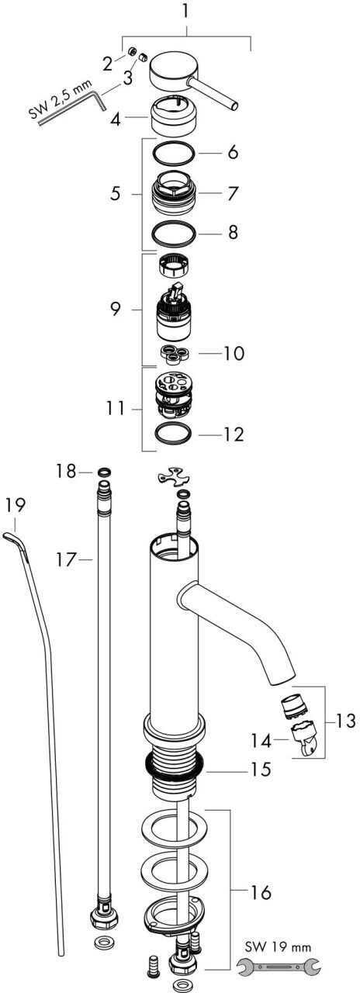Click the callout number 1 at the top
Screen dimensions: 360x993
[186, 11]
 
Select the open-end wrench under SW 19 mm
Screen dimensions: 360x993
[279, 966]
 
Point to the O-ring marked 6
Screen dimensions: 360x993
[174, 153]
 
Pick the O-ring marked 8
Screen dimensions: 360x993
[174, 232]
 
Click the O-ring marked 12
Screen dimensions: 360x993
[173, 433]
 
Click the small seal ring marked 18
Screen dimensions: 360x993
[103, 471]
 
